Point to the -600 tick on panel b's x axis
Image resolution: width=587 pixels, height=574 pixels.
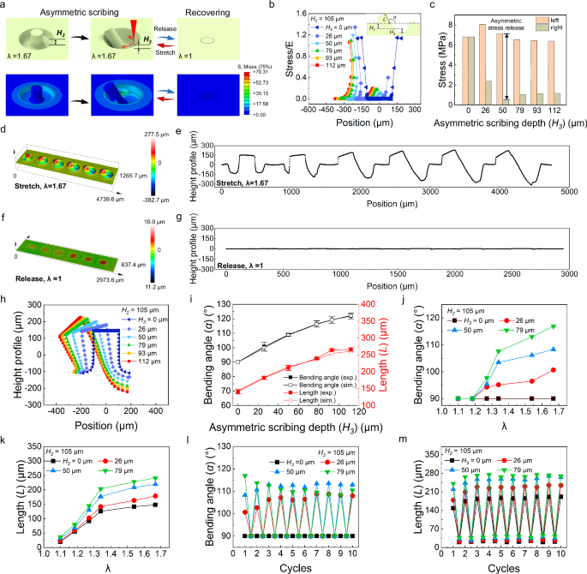click(273, 110)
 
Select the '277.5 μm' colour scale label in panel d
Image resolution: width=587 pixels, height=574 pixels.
click(156, 134)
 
